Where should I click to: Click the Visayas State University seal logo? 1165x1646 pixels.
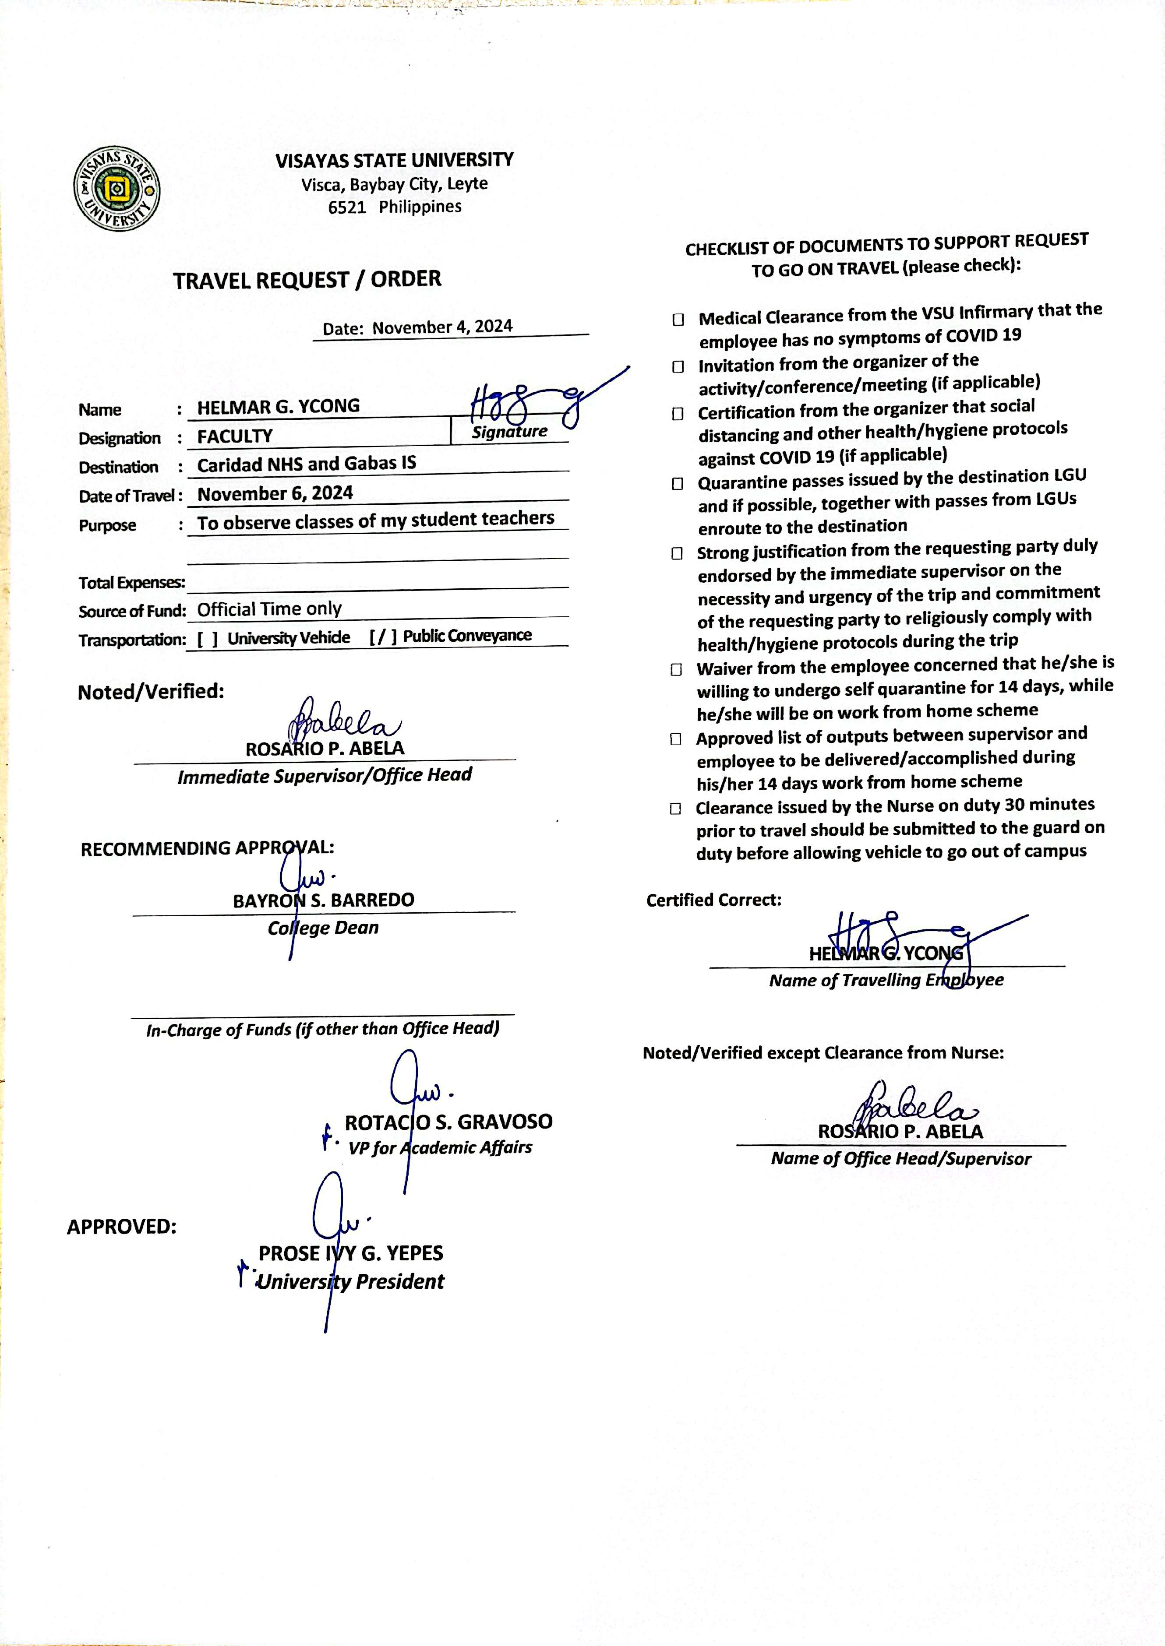[x=117, y=189]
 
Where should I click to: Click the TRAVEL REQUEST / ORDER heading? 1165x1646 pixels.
[x=307, y=280]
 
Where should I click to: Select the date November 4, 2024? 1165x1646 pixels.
[x=442, y=327]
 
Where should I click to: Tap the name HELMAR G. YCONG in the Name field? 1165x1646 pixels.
[x=279, y=407]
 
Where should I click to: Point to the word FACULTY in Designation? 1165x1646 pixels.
[x=235, y=436]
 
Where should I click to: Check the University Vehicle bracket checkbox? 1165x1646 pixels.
[x=207, y=639]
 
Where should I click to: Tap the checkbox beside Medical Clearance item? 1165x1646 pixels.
[x=678, y=320]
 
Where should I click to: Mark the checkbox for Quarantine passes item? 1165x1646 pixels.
[x=677, y=484]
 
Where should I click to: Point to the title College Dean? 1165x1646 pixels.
[x=323, y=928]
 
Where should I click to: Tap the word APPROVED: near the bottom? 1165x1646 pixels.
[x=121, y=1227]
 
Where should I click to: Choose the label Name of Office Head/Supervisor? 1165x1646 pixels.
[x=900, y=1158]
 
